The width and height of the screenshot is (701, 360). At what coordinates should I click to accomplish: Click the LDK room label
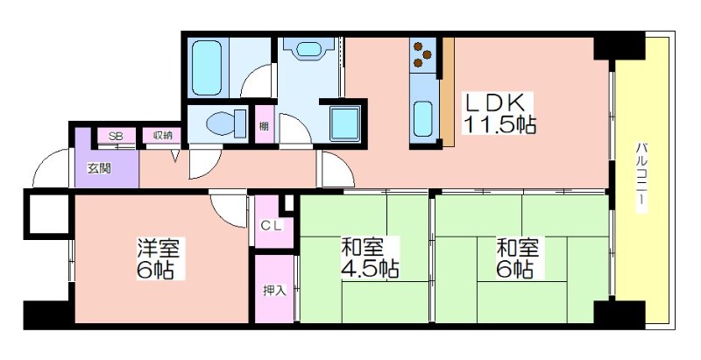[496, 103]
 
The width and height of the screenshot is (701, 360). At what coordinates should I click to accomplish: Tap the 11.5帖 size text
[499, 124]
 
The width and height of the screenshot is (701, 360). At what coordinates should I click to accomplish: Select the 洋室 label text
[159, 249]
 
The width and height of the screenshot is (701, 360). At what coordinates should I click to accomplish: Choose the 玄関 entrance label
[99, 169]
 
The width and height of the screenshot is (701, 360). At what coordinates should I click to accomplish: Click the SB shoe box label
[116, 137]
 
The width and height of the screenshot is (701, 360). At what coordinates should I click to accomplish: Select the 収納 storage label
[163, 137]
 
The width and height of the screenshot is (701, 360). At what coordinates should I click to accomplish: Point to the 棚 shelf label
[265, 126]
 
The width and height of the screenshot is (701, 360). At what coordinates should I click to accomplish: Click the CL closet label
[273, 226]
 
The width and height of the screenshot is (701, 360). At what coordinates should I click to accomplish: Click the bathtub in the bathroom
[207, 67]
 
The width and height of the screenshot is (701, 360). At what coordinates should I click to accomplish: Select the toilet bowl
[226, 124]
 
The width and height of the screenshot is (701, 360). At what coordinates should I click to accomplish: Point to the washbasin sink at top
[308, 49]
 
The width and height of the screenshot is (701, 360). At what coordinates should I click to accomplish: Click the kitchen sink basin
[423, 118]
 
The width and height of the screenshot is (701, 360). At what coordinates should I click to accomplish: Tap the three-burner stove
[423, 55]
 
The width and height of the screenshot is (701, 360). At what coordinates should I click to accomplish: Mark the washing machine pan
[345, 124]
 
